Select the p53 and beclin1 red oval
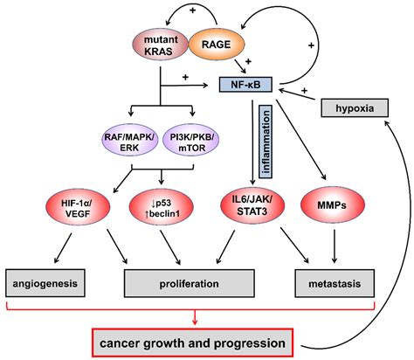coord(161,210)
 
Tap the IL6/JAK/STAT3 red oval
coord(246,210)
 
